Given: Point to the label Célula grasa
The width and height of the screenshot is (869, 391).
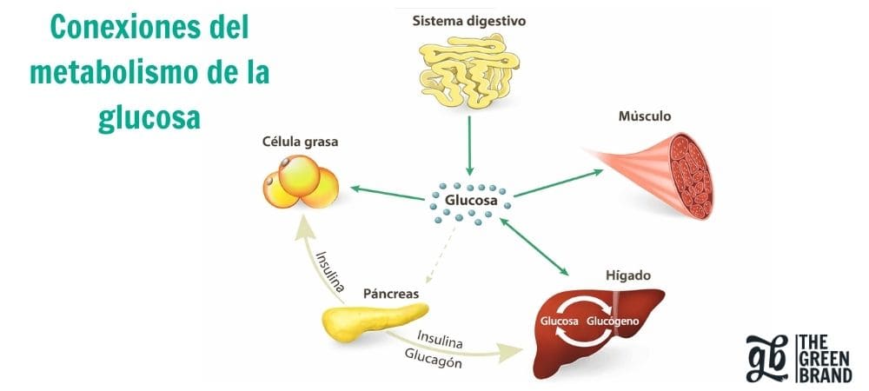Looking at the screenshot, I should [x=301, y=141].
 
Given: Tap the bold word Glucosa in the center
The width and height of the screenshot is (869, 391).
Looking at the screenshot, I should [x=468, y=200].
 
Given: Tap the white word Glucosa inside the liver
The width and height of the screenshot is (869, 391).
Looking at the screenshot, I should [x=560, y=320].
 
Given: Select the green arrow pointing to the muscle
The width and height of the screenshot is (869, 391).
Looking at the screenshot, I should [x=556, y=183].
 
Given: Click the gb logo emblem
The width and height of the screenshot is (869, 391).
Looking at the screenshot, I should [x=768, y=356].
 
